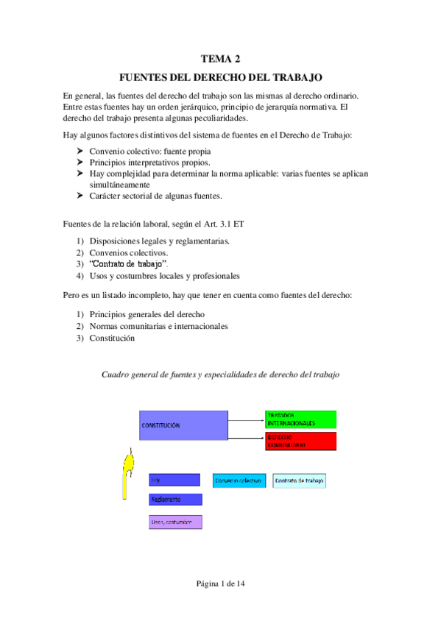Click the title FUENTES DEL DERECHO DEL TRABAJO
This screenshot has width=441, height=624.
coord(220,77)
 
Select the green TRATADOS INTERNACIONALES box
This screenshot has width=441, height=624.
coord(300,419)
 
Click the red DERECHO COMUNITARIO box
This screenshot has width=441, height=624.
coord(300,442)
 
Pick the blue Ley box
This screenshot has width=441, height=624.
coord(174,480)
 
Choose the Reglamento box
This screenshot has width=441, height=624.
coord(174,500)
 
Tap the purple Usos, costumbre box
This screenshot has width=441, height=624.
coord(174,522)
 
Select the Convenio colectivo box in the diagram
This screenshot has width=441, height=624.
coord(239,481)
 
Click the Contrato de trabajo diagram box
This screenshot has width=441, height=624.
coord(299,481)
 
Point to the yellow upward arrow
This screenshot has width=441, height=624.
coord(130,474)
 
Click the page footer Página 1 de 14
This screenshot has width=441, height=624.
coord(220,584)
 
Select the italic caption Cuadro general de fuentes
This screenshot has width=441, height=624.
coord(219,374)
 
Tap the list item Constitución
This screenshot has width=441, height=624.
coord(112,338)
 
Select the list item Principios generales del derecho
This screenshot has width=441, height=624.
coord(142,314)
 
